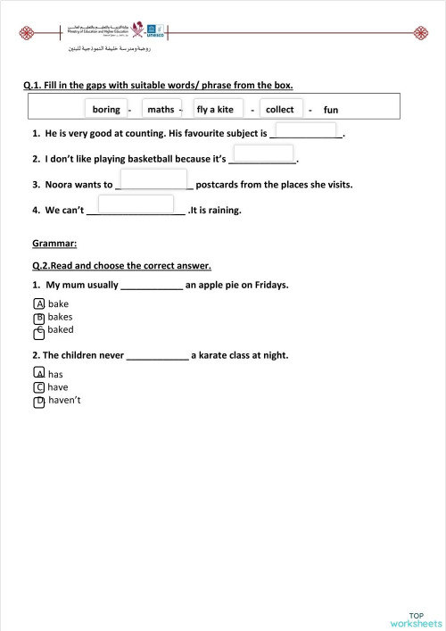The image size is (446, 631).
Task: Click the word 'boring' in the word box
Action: [x=106, y=109]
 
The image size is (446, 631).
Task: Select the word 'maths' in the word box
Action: [x=161, y=109]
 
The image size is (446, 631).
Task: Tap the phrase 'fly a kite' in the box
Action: [x=215, y=109]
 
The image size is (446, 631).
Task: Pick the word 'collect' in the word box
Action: [x=280, y=109]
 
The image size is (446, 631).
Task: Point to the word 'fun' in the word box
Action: [x=331, y=110]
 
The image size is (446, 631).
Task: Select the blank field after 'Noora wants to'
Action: [x=155, y=182]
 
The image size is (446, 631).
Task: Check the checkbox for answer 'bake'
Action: [x=39, y=303]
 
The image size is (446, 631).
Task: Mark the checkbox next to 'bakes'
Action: [x=39, y=317]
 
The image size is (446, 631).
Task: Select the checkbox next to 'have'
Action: [x=39, y=387]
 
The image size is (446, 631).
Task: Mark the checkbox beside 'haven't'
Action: [x=39, y=402]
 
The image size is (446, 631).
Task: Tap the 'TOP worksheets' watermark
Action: [x=416, y=619]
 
